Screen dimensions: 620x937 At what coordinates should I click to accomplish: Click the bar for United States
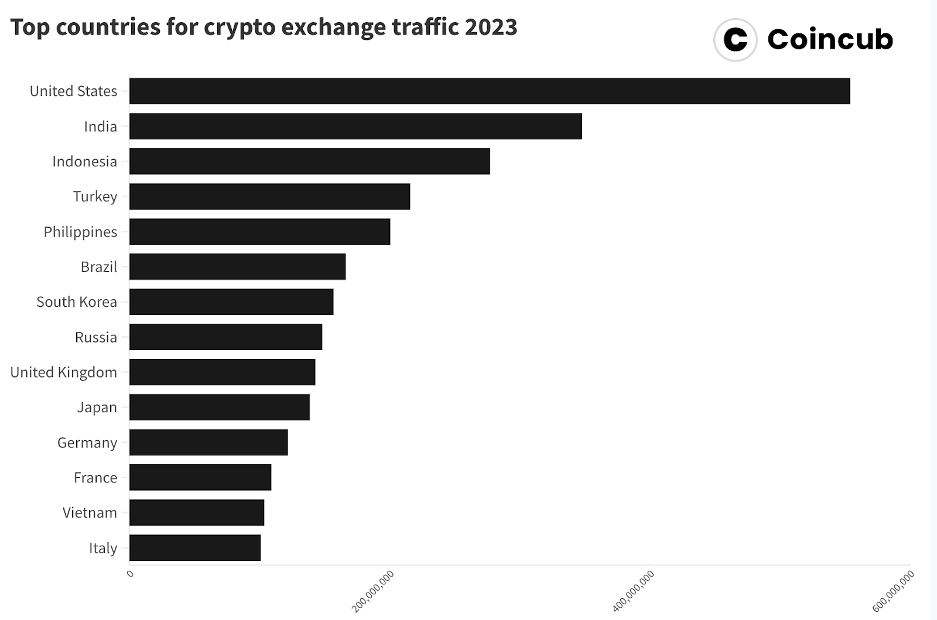click(x=489, y=91)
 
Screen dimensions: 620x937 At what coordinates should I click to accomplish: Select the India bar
click(x=355, y=126)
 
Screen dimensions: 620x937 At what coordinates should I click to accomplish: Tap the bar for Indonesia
click(x=309, y=162)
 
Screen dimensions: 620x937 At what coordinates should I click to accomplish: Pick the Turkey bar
click(x=269, y=197)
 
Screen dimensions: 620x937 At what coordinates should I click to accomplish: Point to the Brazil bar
click(x=237, y=267)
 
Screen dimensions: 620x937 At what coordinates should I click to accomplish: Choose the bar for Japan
click(x=219, y=407)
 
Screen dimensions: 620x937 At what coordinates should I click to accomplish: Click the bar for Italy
click(x=194, y=548)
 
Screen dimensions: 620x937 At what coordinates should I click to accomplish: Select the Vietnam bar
click(x=196, y=513)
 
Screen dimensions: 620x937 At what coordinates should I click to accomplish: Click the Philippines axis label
click(x=80, y=232)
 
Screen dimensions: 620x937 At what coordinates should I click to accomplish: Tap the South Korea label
click(x=77, y=302)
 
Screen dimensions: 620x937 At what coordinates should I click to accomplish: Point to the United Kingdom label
click(x=63, y=372)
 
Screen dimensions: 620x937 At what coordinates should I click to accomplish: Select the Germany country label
click(x=87, y=443)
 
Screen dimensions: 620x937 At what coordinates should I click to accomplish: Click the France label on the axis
click(x=95, y=478)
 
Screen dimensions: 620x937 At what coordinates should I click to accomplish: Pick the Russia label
click(x=95, y=337)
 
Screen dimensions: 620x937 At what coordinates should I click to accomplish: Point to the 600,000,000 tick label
click(x=894, y=591)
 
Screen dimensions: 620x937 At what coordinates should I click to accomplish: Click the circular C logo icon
click(x=736, y=40)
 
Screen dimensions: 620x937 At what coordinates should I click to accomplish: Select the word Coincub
click(x=830, y=40)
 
